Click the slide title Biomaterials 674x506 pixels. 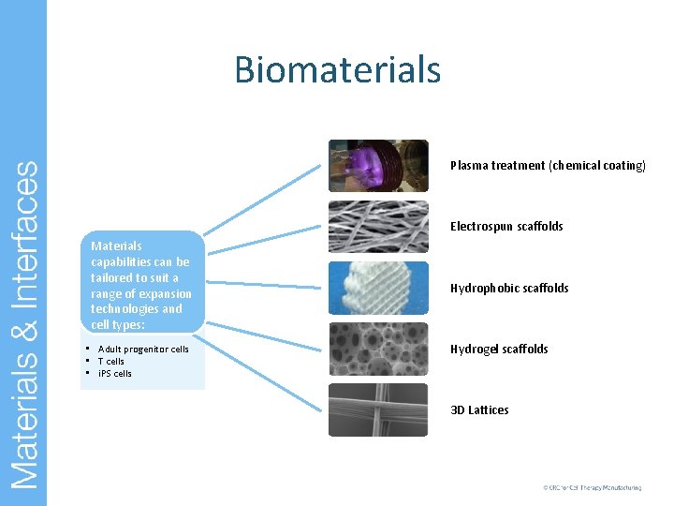point(337,69)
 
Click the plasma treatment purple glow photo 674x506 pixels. point(378,165)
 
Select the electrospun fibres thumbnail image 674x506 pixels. point(378,226)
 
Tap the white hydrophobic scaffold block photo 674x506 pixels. point(378,288)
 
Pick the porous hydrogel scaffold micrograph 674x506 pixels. point(378,349)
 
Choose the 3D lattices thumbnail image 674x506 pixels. point(378,409)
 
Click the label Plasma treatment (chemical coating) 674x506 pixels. point(548,166)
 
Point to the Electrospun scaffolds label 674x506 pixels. point(506,227)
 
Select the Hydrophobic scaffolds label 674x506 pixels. point(509,289)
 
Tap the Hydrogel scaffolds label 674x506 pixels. point(499,350)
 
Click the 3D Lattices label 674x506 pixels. point(479,410)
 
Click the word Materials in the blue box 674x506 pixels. point(116,246)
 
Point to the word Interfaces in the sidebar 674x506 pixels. point(25,231)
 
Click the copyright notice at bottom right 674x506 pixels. point(592,488)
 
